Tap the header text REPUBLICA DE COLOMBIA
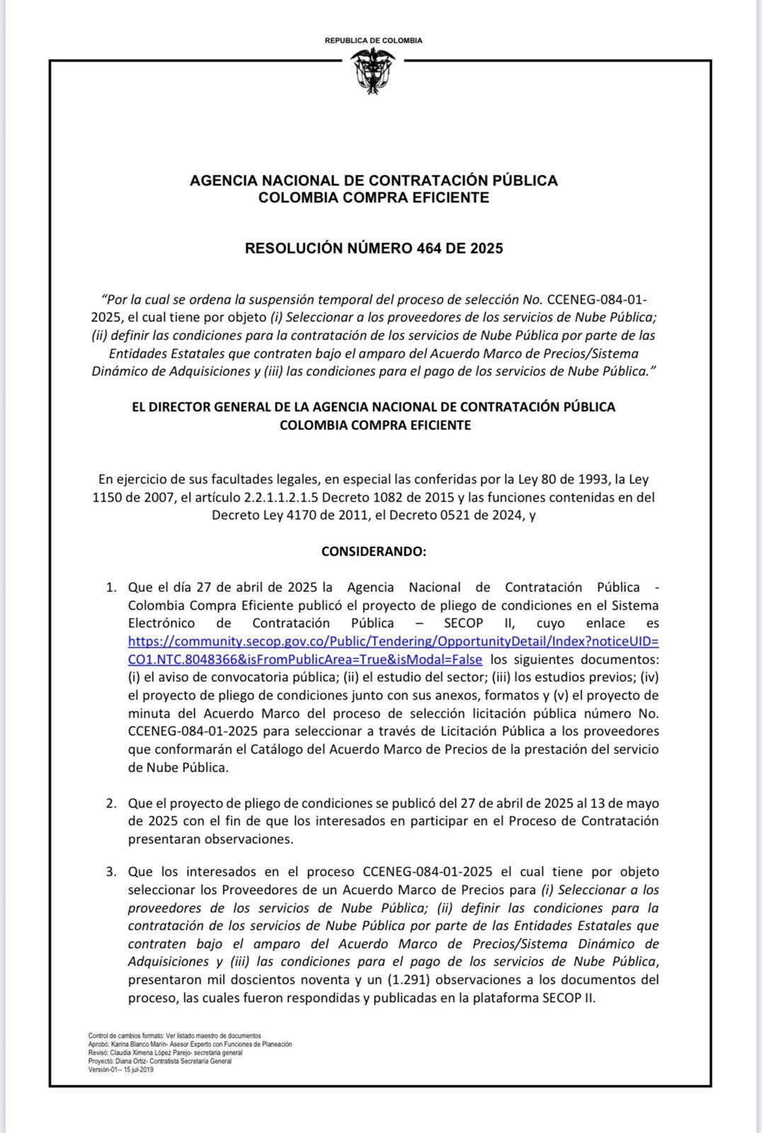[x=373, y=40]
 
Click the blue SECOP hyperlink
[x=393, y=650]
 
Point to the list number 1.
[x=110, y=587]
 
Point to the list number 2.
[x=110, y=803]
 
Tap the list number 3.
[x=110, y=871]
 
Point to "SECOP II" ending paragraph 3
[x=570, y=998]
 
